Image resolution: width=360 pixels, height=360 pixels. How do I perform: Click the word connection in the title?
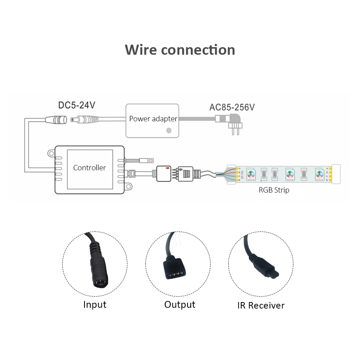click(x=198, y=50)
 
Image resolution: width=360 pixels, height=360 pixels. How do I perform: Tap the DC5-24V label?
click(x=77, y=105)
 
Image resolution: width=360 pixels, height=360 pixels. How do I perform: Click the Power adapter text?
click(x=153, y=119)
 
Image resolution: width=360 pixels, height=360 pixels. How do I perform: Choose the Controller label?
click(x=90, y=167)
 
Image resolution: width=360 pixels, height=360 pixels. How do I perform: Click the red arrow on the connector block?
click(x=167, y=168)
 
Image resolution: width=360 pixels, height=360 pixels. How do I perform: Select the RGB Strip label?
click(x=274, y=190)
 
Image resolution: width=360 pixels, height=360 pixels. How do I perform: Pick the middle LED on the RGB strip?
click(x=288, y=174)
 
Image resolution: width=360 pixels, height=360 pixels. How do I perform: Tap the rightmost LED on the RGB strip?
click(x=318, y=174)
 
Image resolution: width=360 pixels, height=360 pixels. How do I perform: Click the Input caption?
click(x=95, y=305)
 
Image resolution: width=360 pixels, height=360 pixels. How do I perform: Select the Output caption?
click(x=180, y=305)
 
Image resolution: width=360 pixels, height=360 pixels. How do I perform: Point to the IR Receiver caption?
click(x=261, y=306)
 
